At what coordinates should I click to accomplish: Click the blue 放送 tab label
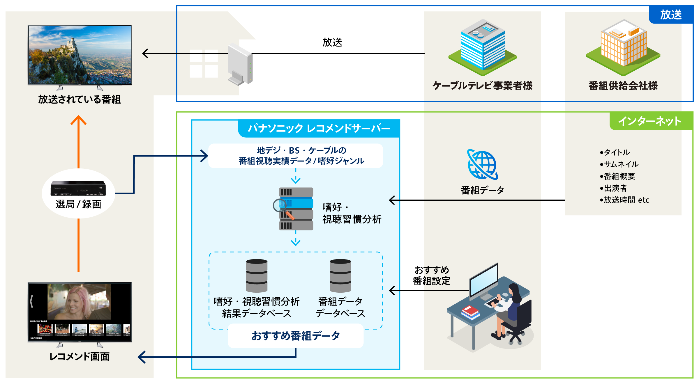[671, 15]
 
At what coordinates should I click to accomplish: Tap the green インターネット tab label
[650, 121]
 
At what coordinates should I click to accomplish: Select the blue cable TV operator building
[483, 47]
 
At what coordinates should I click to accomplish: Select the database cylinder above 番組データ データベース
[340, 275]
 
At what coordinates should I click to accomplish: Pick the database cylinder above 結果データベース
[257, 275]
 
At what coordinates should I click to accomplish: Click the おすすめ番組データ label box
[296, 336]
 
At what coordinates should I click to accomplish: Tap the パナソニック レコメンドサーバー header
[319, 128]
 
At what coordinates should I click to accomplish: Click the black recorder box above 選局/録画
[78, 188]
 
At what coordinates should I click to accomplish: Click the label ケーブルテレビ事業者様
[482, 86]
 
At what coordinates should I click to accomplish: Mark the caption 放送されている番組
[79, 99]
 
